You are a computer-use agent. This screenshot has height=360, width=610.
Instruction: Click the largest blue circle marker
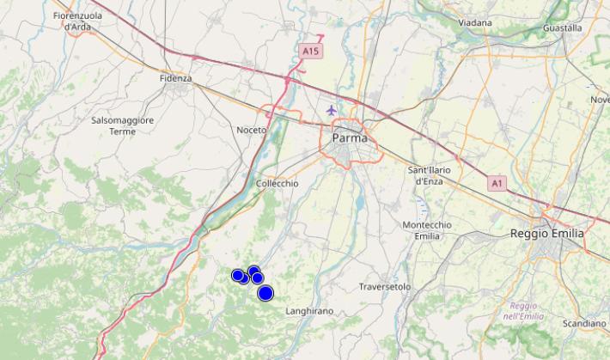265,293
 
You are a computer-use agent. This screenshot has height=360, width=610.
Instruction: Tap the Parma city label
350,137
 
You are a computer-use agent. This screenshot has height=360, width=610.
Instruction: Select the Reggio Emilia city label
546,233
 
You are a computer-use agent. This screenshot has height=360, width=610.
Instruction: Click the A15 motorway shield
311,52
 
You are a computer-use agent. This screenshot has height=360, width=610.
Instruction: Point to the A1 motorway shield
497,183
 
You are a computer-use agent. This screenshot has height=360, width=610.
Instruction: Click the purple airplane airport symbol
332,110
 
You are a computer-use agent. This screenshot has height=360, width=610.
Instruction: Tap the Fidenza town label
175,78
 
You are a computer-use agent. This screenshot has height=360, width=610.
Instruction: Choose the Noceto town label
252,130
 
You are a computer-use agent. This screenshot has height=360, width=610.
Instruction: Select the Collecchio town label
278,183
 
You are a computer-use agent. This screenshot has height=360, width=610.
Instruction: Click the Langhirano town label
309,310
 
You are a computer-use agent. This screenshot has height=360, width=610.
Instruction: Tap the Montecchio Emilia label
427,230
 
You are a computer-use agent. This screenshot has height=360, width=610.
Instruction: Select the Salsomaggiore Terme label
123,125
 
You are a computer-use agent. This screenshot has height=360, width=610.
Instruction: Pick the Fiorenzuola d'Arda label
78,21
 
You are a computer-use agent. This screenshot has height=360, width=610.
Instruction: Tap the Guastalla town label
562,27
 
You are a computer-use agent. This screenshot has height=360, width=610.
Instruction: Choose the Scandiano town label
584,323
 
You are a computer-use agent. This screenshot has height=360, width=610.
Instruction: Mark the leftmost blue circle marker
238,275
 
